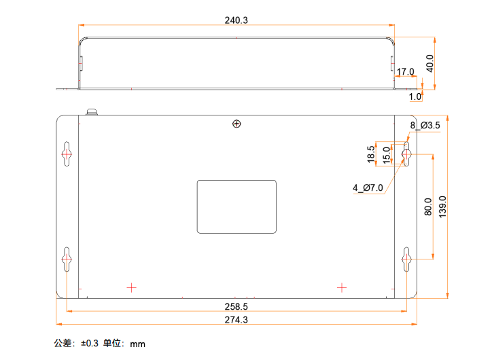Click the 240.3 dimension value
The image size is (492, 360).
(236, 20)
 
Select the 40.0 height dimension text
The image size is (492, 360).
(429, 63)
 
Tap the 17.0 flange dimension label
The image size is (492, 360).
(406, 72)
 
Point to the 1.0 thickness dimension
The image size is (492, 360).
(415, 96)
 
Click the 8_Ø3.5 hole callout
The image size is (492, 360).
(425, 126)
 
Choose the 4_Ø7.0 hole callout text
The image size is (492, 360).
(368, 188)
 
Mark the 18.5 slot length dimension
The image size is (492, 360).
(371, 154)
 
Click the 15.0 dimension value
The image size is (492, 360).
(387, 156)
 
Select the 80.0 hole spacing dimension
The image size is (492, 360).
(427, 206)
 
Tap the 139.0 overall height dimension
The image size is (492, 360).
(442, 207)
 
